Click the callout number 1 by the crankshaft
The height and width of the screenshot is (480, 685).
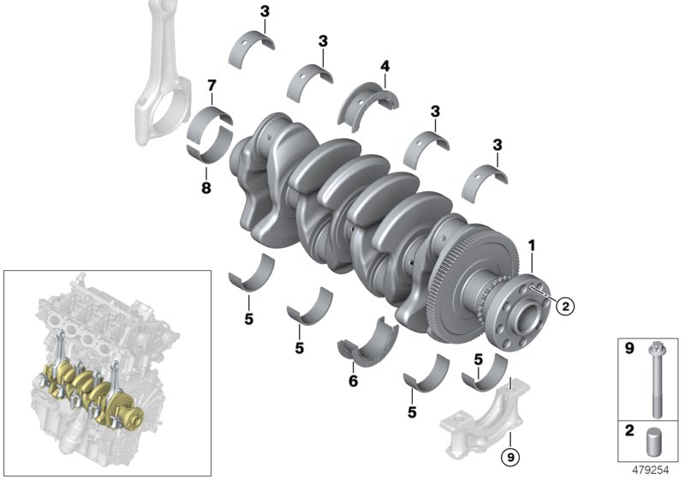[x=532, y=245]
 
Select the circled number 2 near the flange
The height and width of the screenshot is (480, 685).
[x=563, y=303]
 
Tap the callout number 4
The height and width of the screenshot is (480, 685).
[x=385, y=66]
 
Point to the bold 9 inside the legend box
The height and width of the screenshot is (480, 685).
[x=628, y=350]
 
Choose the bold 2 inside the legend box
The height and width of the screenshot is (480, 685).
[x=628, y=432]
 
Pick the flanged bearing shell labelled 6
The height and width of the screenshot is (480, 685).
[x=367, y=339]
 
